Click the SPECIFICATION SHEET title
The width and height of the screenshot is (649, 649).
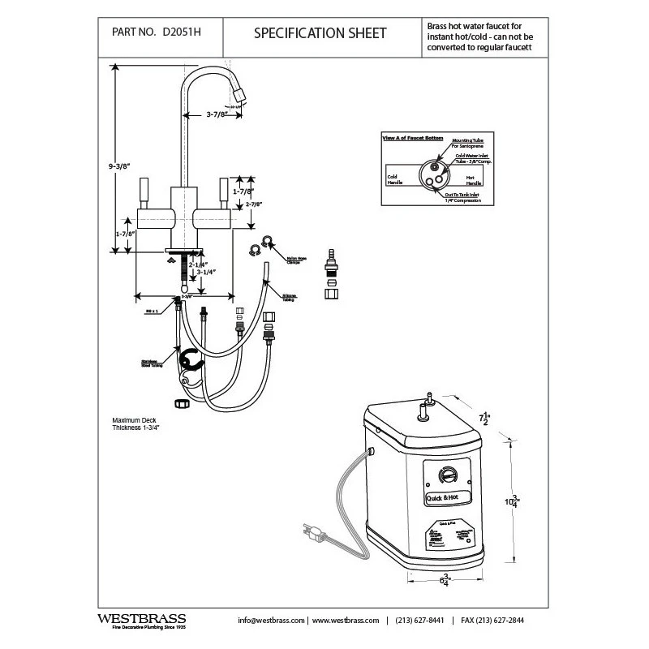pyautogui.click(x=320, y=33)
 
